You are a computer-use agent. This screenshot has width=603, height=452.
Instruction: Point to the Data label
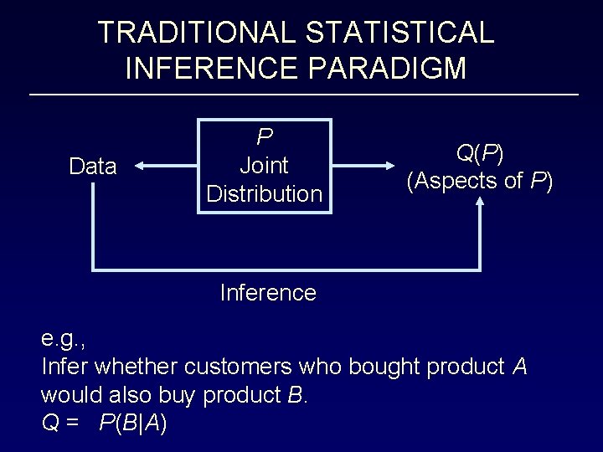tap(93, 167)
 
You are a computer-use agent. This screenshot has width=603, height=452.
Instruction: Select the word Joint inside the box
tap(265, 166)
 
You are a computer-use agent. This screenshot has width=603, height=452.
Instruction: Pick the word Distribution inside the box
tap(265, 194)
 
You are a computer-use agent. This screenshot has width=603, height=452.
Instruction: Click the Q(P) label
tap(479, 152)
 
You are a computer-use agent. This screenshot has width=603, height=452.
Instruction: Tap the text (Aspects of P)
tap(479, 180)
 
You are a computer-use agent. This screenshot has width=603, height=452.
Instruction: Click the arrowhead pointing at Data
tap(140, 167)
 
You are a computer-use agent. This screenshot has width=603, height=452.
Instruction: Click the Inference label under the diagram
tap(267, 293)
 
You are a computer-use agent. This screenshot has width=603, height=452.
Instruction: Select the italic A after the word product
tap(519, 367)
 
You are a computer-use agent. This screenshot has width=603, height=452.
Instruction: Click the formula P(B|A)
tap(132, 423)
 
